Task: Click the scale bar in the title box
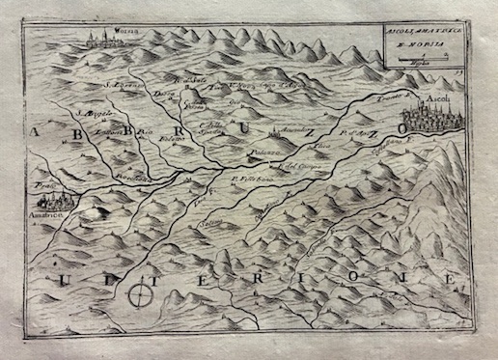pos(418,61)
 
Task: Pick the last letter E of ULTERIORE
pos(448,277)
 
